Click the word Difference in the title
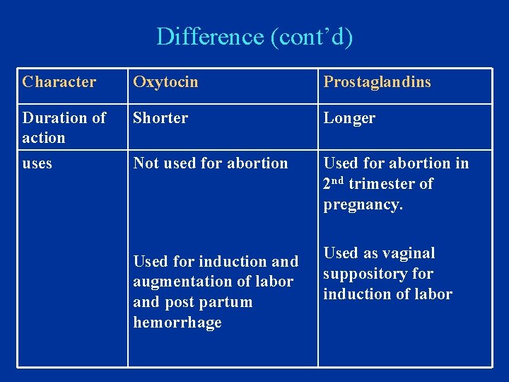click(x=211, y=36)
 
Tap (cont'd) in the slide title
click(x=312, y=36)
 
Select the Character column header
click(x=59, y=81)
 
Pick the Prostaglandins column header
click(x=377, y=81)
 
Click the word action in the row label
click(x=44, y=137)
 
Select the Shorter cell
click(x=160, y=118)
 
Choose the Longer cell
click(x=349, y=118)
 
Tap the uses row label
click(x=37, y=163)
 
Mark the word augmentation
click(x=175, y=281)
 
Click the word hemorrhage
click(x=177, y=322)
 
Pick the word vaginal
click(x=409, y=253)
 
